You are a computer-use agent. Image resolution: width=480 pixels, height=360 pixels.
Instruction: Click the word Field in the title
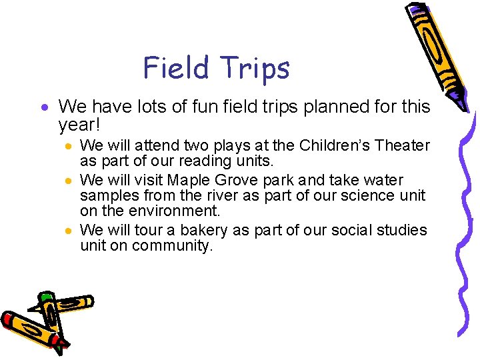click(x=174, y=68)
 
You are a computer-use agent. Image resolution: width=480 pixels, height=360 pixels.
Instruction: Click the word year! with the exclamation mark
click(x=81, y=125)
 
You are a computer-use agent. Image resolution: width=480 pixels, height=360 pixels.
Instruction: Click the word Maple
click(x=189, y=180)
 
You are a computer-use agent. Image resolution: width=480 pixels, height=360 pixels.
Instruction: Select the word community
click(x=172, y=246)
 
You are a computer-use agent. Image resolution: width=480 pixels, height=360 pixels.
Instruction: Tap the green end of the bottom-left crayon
click(x=46, y=297)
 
